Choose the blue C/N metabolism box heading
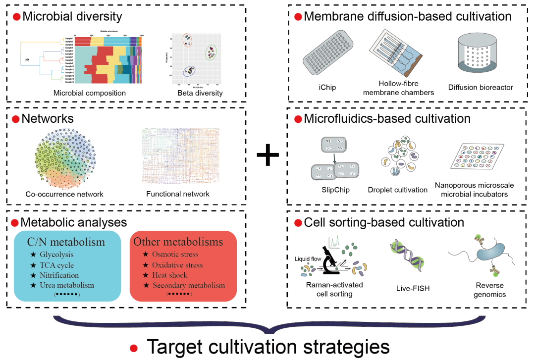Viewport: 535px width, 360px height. click(66, 242)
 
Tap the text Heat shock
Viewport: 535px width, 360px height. click(171, 275)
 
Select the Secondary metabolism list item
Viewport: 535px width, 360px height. click(189, 285)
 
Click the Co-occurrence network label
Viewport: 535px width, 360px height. click(64, 194)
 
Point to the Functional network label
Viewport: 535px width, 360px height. click(178, 194)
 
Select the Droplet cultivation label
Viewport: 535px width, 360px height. click(397, 190)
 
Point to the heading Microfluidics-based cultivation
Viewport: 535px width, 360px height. click(387, 119)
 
